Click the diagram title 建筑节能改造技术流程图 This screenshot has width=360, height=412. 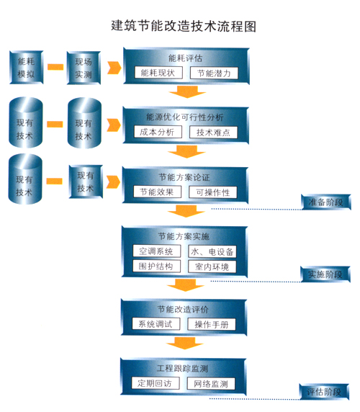pyautogui.click(x=184, y=26)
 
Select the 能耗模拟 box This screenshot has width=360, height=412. pyautogui.click(x=26, y=68)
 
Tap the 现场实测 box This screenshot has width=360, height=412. pyautogui.click(x=84, y=68)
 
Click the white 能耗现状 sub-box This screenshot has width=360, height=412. pyautogui.click(x=158, y=73)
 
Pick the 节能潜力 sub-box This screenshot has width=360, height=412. pyautogui.click(x=214, y=73)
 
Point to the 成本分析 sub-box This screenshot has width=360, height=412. pyautogui.click(x=158, y=132)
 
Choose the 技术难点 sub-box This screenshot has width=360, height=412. pyautogui.click(x=213, y=132)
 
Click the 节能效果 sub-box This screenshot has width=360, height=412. pyautogui.click(x=157, y=192)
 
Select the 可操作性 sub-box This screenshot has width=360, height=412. pyautogui.click(x=212, y=192)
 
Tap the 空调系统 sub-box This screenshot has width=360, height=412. pyautogui.click(x=156, y=251)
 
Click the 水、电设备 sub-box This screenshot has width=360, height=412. pyautogui.click(x=212, y=251)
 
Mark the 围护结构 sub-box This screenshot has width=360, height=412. pyautogui.click(x=156, y=267)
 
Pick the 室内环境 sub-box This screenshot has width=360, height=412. pyautogui.click(x=212, y=267)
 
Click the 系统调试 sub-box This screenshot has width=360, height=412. pyautogui.click(x=156, y=323)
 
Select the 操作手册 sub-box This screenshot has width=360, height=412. pyautogui.click(x=212, y=324)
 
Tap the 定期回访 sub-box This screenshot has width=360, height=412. pyautogui.click(x=156, y=383)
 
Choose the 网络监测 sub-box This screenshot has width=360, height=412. pyautogui.click(x=211, y=384)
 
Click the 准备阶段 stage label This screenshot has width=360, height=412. pyautogui.click(x=326, y=202)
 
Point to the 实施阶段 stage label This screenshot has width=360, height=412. pyautogui.click(x=325, y=274)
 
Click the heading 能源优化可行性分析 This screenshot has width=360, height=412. pyautogui.click(x=185, y=117)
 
